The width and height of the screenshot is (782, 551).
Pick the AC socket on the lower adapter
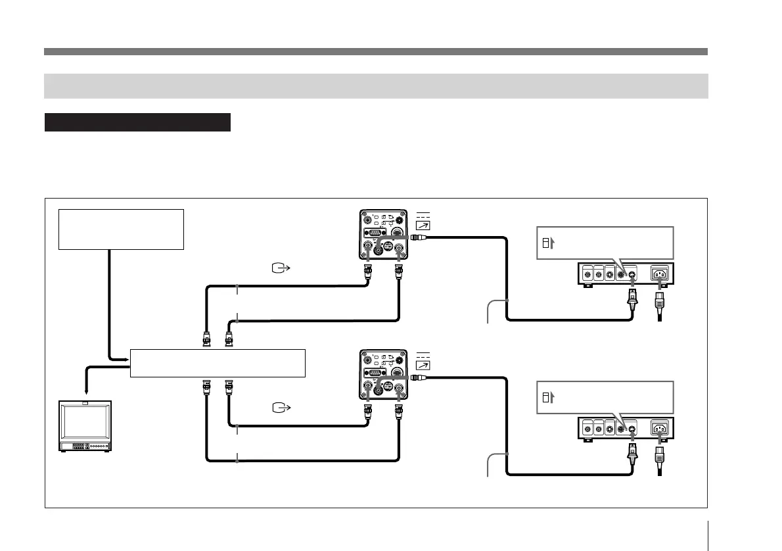point(660,429)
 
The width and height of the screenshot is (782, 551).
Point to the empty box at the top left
point(120,229)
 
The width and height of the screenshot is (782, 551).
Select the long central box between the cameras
point(218,363)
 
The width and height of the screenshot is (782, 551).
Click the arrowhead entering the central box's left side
point(124,359)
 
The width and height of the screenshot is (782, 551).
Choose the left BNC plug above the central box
point(206,339)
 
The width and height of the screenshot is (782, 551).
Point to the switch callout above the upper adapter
point(605,243)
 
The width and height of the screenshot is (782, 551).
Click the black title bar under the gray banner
point(137,122)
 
